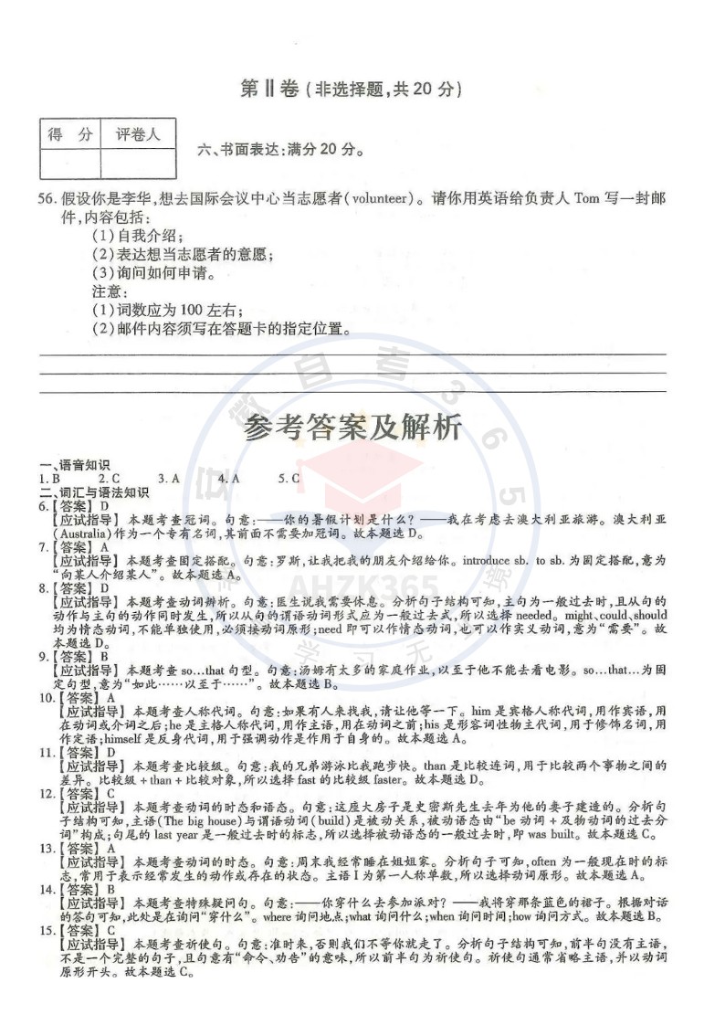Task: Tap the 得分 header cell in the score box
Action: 69,135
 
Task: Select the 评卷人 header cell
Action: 138,135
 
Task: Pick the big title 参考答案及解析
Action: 352,428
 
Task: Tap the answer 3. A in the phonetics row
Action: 169,478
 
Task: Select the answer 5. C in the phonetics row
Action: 289,478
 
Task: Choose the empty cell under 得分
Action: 69,164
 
